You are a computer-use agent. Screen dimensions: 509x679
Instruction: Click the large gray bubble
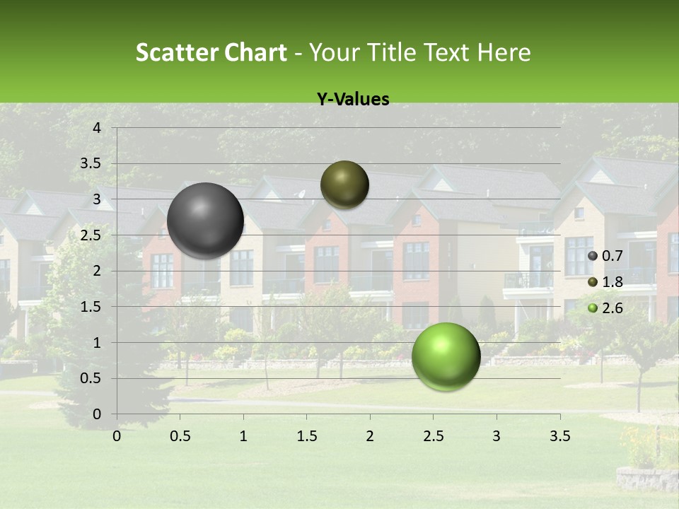(x=205, y=221)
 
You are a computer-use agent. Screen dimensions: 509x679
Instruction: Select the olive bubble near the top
(x=344, y=185)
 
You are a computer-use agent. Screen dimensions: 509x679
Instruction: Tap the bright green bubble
(x=446, y=356)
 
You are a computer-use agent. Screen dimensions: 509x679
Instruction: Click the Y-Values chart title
(x=352, y=100)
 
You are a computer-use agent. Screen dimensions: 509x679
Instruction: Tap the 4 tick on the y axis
(x=97, y=128)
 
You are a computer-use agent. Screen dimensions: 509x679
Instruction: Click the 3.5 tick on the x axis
(x=559, y=436)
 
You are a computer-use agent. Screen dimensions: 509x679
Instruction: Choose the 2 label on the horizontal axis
(x=370, y=436)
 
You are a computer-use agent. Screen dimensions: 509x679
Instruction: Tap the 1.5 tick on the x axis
(x=306, y=436)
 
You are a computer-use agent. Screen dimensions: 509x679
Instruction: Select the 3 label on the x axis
(x=497, y=436)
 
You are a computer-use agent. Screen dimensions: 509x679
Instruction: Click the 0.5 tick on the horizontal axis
(x=180, y=436)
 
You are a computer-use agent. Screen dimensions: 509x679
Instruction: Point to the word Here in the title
(x=504, y=53)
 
